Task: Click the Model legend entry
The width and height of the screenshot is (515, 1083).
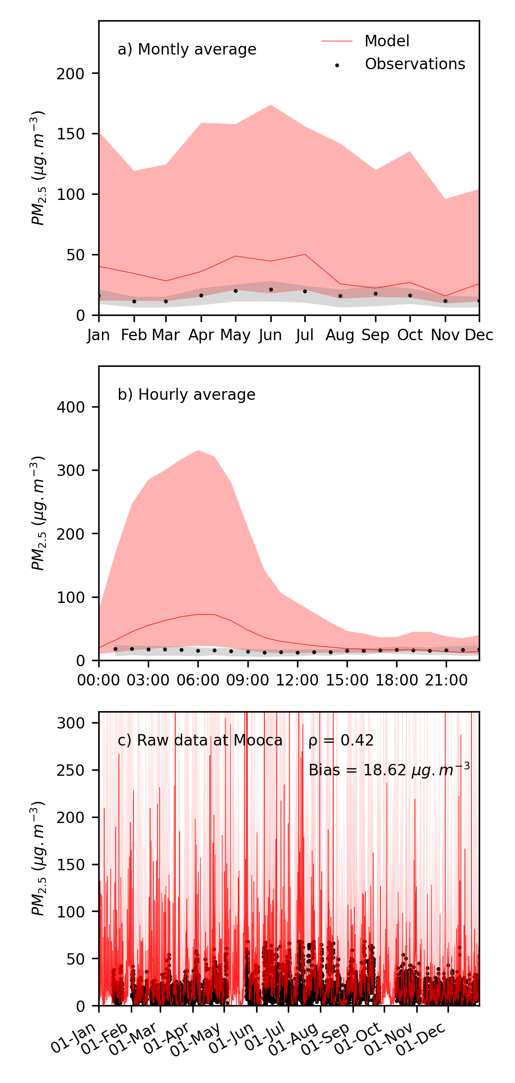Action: tap(386, 41)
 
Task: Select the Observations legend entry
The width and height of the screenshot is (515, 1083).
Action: tap(414, 64)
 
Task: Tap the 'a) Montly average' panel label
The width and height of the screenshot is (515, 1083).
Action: tap(187, 50)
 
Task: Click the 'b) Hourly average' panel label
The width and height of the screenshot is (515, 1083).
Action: tap(186, 395)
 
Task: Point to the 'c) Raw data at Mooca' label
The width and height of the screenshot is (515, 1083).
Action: tap(200, 740)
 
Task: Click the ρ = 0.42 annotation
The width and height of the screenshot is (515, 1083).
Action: tap(341, 740)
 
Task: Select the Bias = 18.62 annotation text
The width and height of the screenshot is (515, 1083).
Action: tap(389, 770)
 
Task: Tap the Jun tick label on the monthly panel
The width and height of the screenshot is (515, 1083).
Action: tap(270, 336)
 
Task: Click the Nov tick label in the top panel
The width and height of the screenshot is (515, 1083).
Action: tap(445, 336)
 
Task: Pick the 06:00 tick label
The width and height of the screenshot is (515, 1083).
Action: tap(198, 680)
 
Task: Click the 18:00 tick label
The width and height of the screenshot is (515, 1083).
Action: tap(397, 680)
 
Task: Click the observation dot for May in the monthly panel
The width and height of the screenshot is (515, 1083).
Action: tap(235, 291)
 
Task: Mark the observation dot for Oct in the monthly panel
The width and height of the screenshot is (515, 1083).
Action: tap(410, 295)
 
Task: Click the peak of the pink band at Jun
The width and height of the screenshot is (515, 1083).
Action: tap(271, 105)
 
